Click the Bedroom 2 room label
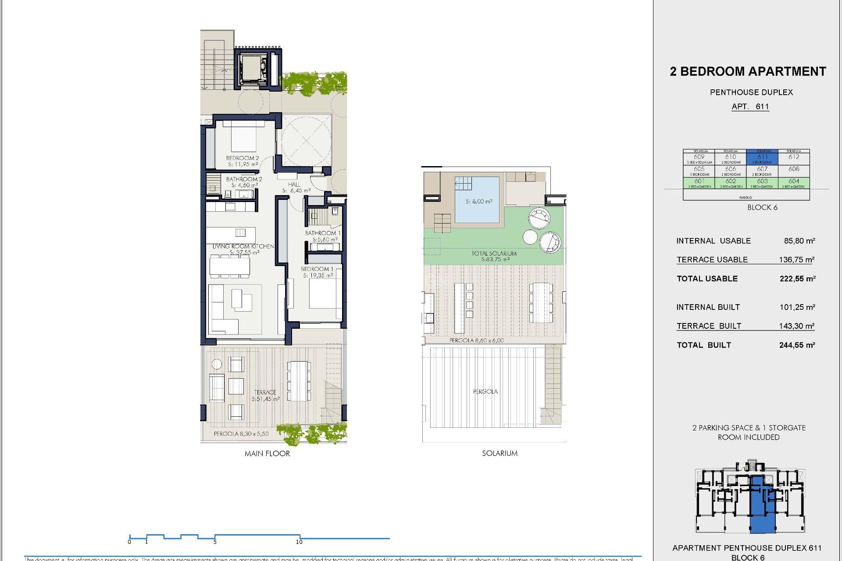(243, 158)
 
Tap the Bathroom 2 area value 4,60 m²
(245, 185)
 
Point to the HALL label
(294, 185)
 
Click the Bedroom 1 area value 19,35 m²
(318, 275)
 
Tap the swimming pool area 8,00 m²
(478, 202)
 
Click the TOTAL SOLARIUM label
(494, 253)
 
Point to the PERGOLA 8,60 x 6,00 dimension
(476, 340)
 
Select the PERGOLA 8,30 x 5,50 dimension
(241, 433)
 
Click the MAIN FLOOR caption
(267, 454)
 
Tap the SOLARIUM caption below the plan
(499, 453)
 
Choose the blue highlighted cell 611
(762, 157)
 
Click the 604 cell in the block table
(794, 182)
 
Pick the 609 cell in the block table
(699, 157)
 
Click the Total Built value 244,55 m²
(797, 345)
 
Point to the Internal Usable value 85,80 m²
(799, 241)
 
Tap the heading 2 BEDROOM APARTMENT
(748, 71)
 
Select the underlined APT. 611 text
(750, 107)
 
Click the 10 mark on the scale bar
(299, 542)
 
